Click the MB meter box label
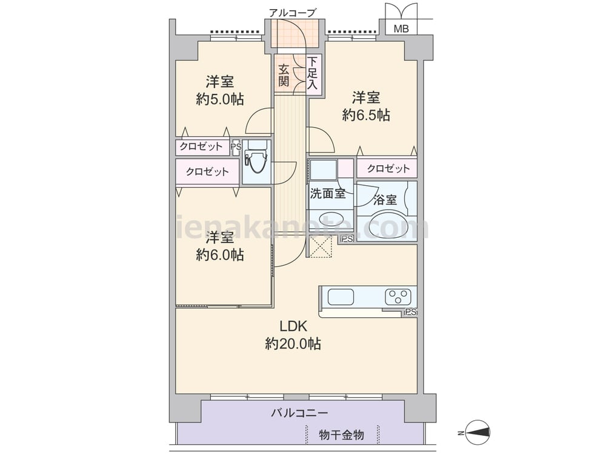pyautogui.click(x=401, y=28)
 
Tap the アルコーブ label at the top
pyautogui.click(x=292, y=13)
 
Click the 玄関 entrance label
pyautogui.click(x=284, y=75)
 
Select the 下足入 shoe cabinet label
pyautogui.click(x=312, y=73)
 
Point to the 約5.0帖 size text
pyautogui.click(x=219, y=100)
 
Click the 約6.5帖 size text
pyautogui.click(x=365, y=115)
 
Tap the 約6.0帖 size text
pyautogui.click(x=219, y=255)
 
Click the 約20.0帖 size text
pyautogui.click(x=293, y=343)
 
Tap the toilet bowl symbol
pyautogui.click(x=256, y=162)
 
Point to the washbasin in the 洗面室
pyautogui.click(x=330, y=219)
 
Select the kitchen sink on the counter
pyautogui.click(x=341, y=297)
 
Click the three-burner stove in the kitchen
pyautogui.click(x=398, y=297)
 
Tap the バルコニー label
pyautogui.click(x=299, y=413)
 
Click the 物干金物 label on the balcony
pyautogui.click(x=341, y=435)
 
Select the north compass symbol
pyautogui.click(x=478, y=432)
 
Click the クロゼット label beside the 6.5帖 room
pyautogui.click(x=388, y=168)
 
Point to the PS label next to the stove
pyautogui.click(x=410, y=312)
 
